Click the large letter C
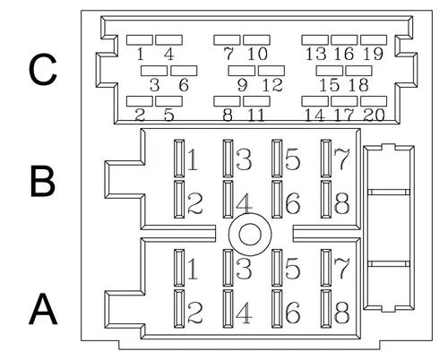pyautogui.click(x=43, y=69)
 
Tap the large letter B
pyautogui.click(x=43, y=182)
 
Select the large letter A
pyautogui.click(x=43, y=309)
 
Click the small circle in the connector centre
pyautogui.click(x=250, y=235)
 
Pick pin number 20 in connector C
pyautogui.click(x=374, y=115)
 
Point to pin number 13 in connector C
pyautogui.click(x=315, y=54)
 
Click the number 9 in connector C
pyautogui.click(x=243, y=85)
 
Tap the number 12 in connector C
pyautogui.click(x=272, y=85)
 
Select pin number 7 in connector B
pyautogui.click(x=341, y=159)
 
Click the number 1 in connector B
pyautogui.click(x=193, y=159)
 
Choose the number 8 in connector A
pyautogui.click(x=341, y=313)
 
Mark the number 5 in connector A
pyautogui.click(x=293, y=269)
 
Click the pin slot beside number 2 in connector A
pyautogui.click(x=179, y=309)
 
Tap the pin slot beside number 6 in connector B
pyautogui.click(x=277, y=199)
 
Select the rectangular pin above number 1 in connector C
pyautogui.click(x=139, y=40)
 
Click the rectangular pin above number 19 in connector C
pyautogui.click(x=374, y=40)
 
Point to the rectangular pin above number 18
pyautogui.click(x=358, y=71)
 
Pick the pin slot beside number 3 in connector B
pyautogui.click(x=228, y=159)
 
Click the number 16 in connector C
pyautogui.click(x=344, y=54)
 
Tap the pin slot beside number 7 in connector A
pyautogui.click(x=326, y=268)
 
